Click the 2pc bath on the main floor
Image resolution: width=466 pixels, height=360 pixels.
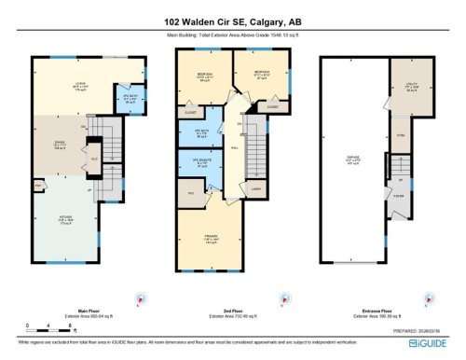point(120,98)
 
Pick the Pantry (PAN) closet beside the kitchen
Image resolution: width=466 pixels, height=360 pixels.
point(38,186)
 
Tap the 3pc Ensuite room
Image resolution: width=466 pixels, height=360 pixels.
point(202,164)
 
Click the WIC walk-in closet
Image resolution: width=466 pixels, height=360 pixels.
point(191,192)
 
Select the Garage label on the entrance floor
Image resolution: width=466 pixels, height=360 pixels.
point(354,159)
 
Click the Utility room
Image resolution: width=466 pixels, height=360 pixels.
point(410,86)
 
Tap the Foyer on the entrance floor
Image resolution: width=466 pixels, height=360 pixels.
point(398,197)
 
